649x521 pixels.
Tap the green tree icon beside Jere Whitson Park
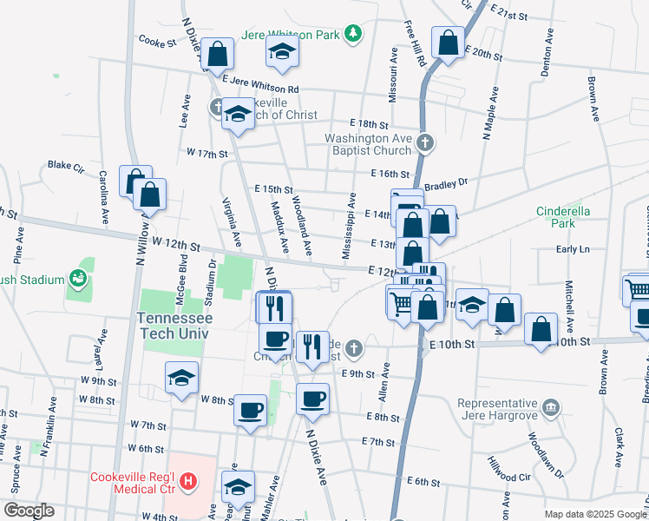(x=352, y=34)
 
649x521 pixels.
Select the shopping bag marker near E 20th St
(x=448, y=43)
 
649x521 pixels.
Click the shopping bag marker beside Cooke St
(x=218, y=53)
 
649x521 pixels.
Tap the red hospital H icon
(x=187, y=480)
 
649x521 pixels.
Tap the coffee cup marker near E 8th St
(x=312, y=399)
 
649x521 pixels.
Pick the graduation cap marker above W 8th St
(x=181, y=378)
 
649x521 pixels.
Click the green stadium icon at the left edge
(x=78, y=279)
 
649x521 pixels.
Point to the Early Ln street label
(x=573, y=249)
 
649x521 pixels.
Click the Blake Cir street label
(x=65, y=164)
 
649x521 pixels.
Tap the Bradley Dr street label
(x=447, y=183)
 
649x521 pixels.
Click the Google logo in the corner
(x=29, y=511)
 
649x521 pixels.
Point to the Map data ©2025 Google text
(x=593, y=514)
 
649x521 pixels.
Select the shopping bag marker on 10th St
(x=541, y=329)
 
